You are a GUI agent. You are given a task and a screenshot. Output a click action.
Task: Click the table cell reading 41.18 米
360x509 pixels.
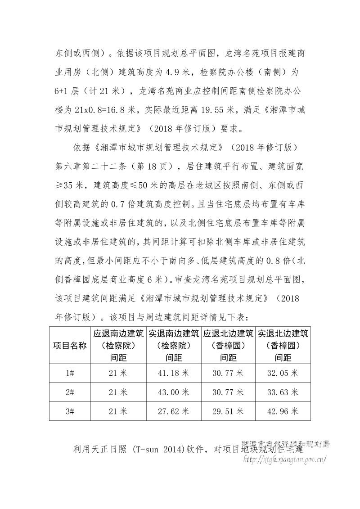click(x=174, y=373)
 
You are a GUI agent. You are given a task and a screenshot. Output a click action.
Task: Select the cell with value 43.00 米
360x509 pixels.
click(x=174, y=392)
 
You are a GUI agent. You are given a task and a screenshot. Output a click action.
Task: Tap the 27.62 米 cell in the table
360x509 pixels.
click(x=174, y=411)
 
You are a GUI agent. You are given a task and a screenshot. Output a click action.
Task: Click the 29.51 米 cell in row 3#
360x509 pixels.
click(x=228, y=411)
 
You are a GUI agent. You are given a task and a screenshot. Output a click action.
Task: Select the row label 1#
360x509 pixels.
click(x=70, y=373)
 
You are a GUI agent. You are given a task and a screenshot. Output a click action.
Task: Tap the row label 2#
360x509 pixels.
click(x=70, y=392)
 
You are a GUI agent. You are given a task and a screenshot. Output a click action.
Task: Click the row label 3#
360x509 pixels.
click(x=70, y=411)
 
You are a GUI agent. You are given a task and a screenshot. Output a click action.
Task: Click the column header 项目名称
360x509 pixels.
click(x=70, y=346)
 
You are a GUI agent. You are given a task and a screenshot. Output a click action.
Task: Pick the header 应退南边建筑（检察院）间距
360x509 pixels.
click(x=118, y=346)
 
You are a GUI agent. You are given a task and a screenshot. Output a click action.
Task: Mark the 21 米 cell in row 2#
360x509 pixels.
click(x=118, y=392)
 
